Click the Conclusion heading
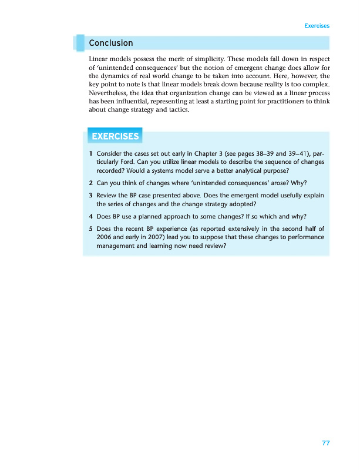point(111,43)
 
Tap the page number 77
point(325,443)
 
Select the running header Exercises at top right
point(317,26)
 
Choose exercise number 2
point(90,182)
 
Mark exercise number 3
point(90,195)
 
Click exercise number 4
point(90,216)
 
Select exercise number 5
point(90,229)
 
